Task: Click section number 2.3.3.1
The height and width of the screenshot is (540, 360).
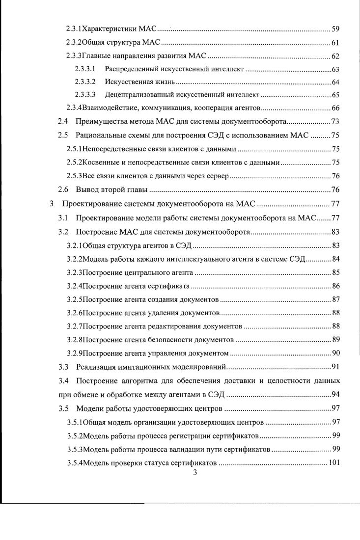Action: pos(85,69)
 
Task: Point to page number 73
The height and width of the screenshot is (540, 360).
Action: pos(336,121)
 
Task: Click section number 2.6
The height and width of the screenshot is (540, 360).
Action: pos(62,189)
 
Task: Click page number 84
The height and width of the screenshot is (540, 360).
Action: pos(336,259)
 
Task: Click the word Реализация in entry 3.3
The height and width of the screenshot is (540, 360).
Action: pos(96,366)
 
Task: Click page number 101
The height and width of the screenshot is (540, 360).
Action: pos(334,462)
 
